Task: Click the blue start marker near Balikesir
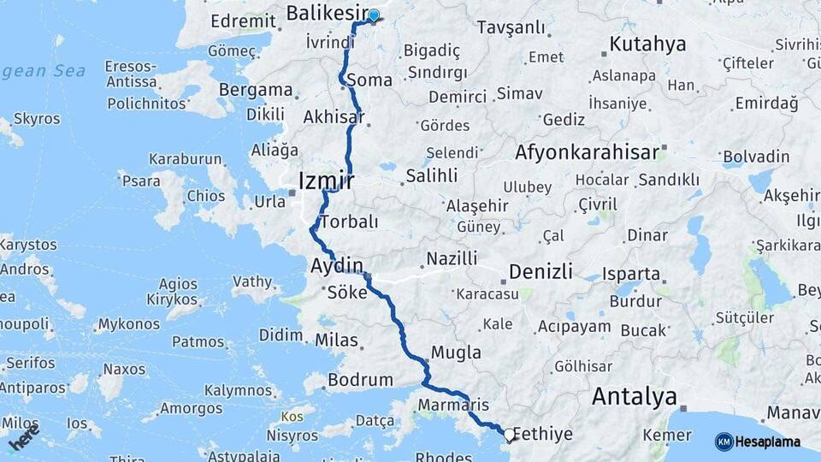374,15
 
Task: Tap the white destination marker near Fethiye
510,435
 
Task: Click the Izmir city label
326,180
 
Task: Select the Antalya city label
635,397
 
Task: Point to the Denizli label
540,272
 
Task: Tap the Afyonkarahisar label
588,153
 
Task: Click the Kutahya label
648,44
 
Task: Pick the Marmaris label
453,404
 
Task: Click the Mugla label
456,352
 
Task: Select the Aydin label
337,265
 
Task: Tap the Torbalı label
347,222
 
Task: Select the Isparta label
631,275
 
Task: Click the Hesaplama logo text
769,442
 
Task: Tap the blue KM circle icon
724,442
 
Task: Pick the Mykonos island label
128,325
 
